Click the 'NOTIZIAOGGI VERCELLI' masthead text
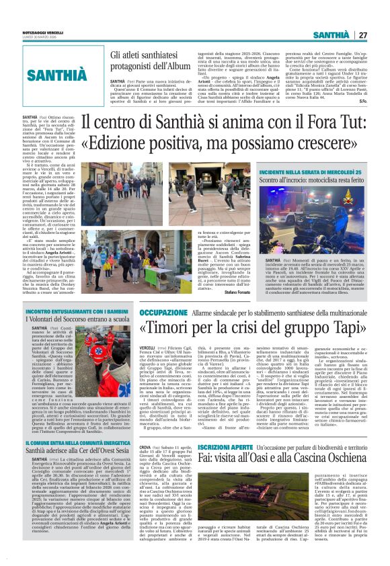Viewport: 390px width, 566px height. click(x=44, y=31)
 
